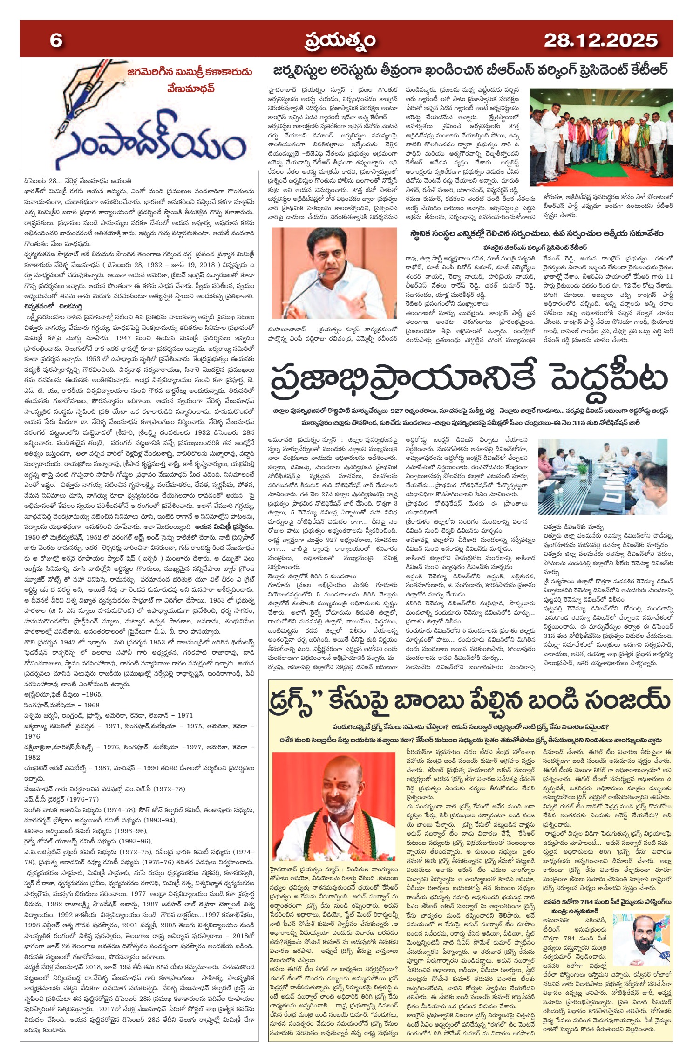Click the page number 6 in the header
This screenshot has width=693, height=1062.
coord(56,41)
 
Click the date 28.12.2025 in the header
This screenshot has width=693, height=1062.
coord(600,41)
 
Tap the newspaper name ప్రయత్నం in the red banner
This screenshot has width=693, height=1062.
coord(340,41)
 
